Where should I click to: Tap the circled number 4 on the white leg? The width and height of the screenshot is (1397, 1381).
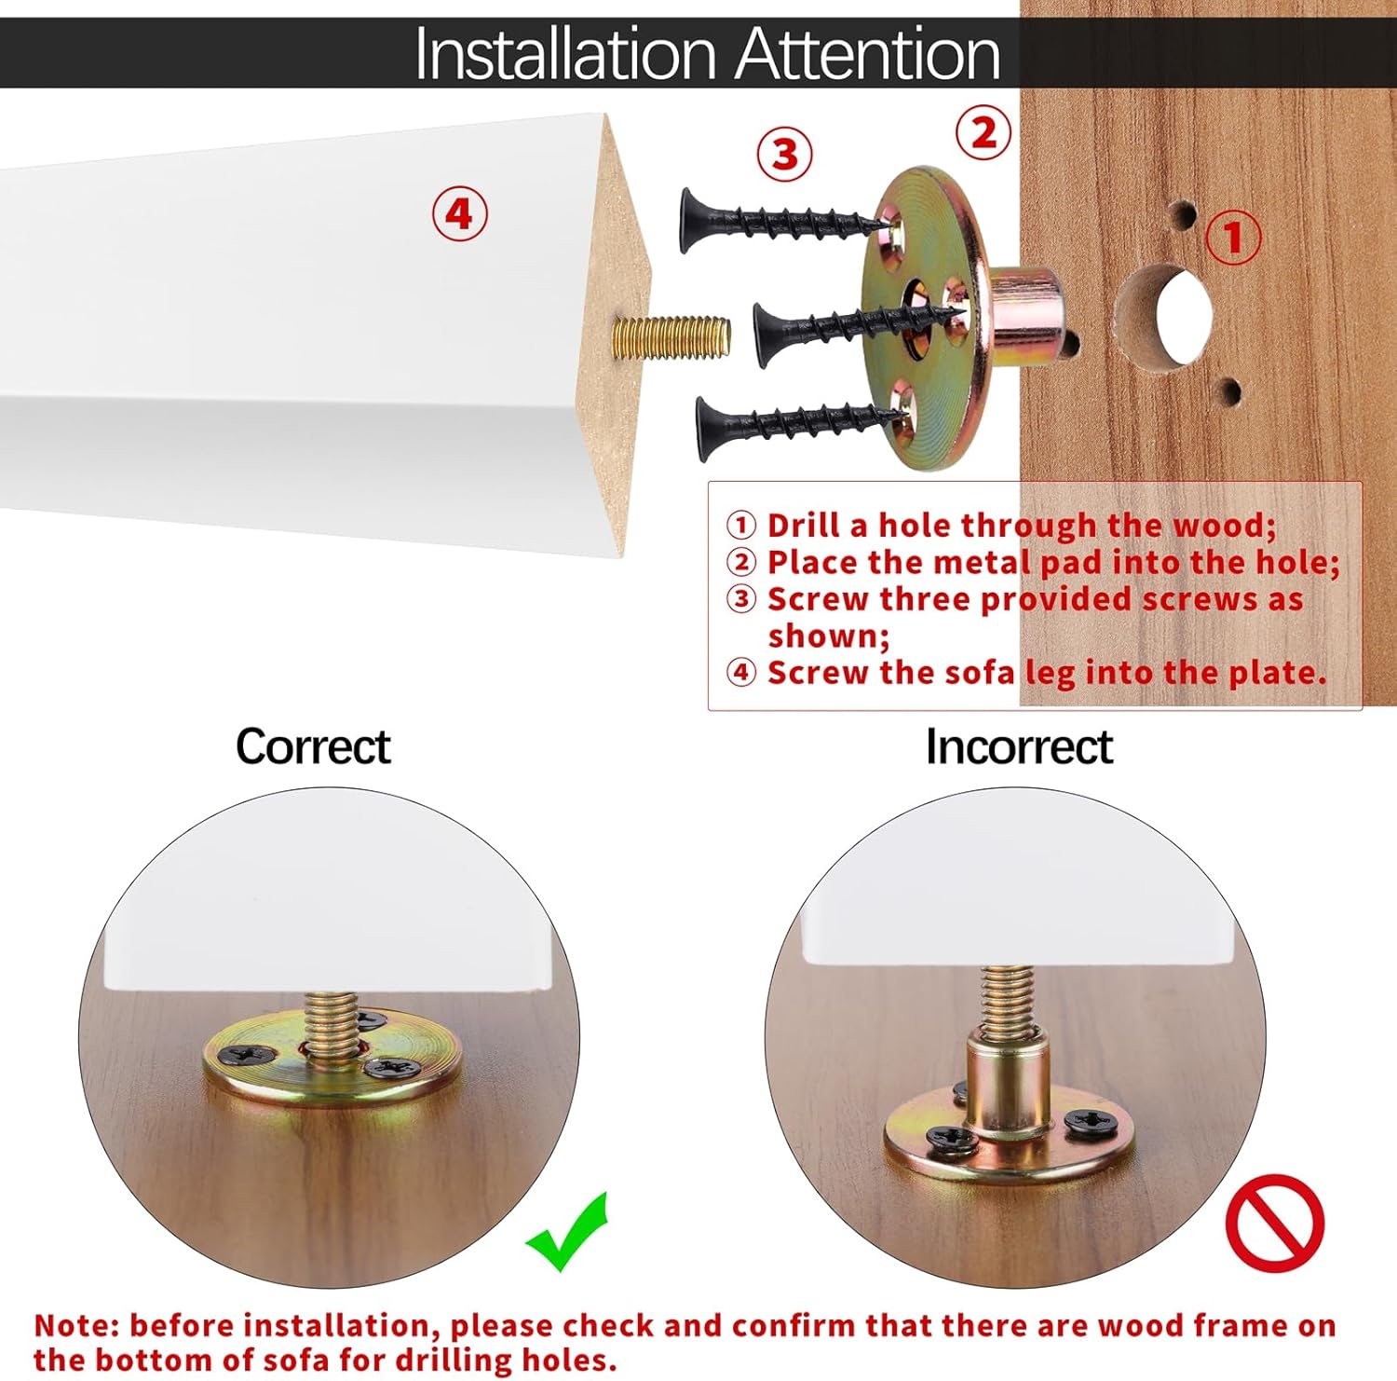click(x=459, y=214)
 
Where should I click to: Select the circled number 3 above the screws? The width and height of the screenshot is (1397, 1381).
click(x=784, y=154)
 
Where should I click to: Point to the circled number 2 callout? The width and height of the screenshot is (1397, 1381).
click(x=983, y=133)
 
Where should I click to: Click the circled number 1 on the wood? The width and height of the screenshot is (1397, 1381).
click(x=1234, y=237)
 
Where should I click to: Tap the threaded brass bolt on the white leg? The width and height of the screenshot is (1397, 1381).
click(x=671, y=336)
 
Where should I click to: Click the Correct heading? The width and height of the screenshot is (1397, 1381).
click(x=313, y=746)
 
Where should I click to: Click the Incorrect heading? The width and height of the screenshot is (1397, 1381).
click(x=1019, y=746)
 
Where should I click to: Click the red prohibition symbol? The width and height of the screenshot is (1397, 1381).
click(x=1274, y=1223)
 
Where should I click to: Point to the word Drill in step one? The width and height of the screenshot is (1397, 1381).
click(x=805, y=526)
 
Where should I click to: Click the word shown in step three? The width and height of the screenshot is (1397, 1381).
click(x=829, y=636)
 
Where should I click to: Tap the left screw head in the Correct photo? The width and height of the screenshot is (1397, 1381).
click(x=247, y=1055)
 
